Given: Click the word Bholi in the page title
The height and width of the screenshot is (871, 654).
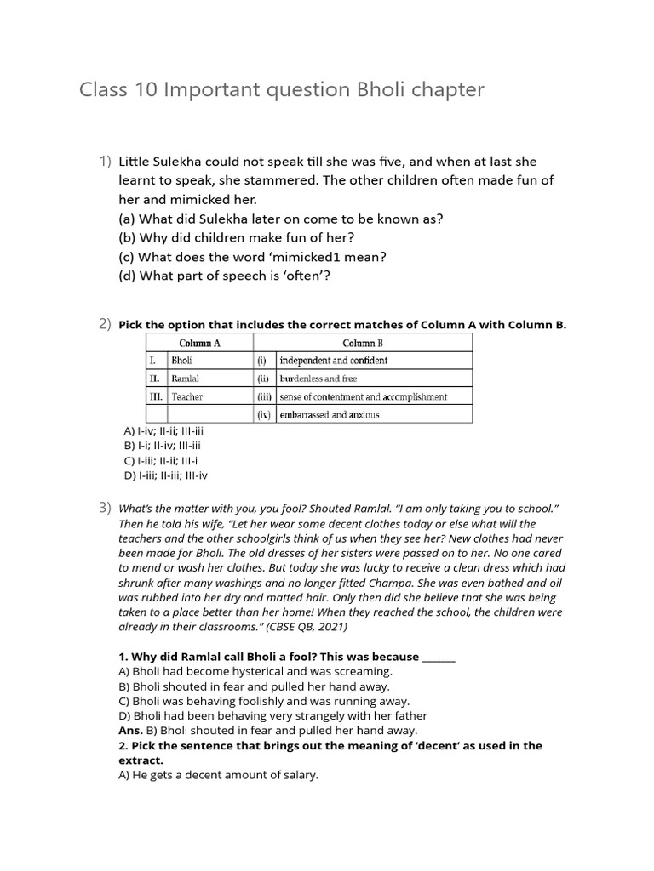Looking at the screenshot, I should [378, 90].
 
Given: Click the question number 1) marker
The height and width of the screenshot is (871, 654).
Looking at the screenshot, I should [105, 161].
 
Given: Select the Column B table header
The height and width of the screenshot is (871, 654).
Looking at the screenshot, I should [363, 343].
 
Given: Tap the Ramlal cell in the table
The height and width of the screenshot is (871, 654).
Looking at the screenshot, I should [186, 379].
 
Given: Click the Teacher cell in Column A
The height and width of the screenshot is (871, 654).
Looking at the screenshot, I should [187, 396].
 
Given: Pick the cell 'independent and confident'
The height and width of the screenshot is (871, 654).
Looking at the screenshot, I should [334, 361].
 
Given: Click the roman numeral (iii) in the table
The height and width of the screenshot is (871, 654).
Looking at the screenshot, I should [265, 396].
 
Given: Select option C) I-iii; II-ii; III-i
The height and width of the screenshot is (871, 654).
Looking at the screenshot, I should [161, 460].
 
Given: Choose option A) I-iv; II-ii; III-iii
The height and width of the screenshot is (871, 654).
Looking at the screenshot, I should [163, 431].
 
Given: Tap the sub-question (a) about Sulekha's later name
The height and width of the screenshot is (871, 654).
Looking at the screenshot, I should [281, 219].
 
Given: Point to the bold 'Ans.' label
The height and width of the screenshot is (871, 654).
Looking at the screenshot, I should [129, 730].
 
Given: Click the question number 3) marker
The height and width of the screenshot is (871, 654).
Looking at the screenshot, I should [105, 508].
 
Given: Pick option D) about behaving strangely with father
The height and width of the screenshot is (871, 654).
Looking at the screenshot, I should [272, 715].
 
